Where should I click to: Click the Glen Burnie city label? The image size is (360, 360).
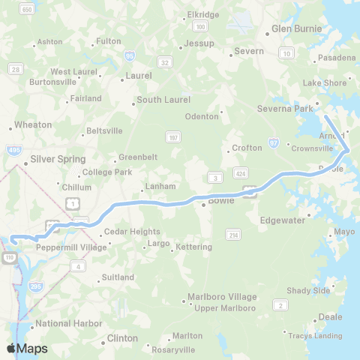(x=296, y=29)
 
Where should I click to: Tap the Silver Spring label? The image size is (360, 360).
(x=58, y=159)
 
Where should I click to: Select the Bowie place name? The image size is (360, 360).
(x=221, y=201)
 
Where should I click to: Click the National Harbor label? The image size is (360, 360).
(x=63, y=324)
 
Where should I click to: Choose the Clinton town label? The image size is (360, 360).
(x=123, y=338)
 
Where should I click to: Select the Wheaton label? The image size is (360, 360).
(x=33, y=124)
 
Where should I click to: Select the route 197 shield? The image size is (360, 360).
(x=172, y=136)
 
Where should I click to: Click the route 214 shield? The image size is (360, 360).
(x=234, y=235)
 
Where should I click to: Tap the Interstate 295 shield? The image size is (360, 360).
(x=35, y=286)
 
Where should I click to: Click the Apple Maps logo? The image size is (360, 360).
(x=26, y=349)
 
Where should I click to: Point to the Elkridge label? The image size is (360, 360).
(x=202, y=14)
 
